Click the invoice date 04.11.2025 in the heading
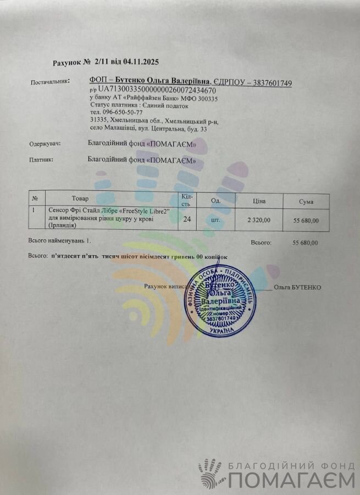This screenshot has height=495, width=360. click(141, 62)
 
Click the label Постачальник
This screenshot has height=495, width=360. click(50, 82)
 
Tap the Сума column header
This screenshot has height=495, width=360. click(306, 202)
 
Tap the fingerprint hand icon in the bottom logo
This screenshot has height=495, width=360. click(210, 472)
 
